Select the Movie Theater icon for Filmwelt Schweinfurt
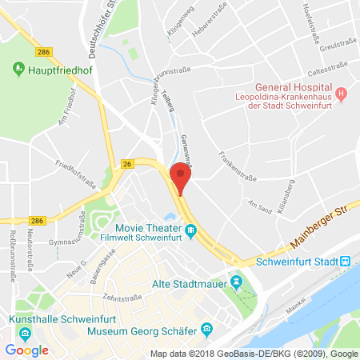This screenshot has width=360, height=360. coord(191,232)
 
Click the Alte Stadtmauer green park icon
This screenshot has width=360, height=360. coord(236,282)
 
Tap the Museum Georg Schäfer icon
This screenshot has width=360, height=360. coord(206,328)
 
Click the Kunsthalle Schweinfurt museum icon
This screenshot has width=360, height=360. coord(26,333)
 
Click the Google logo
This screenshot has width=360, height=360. coord(27,350)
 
